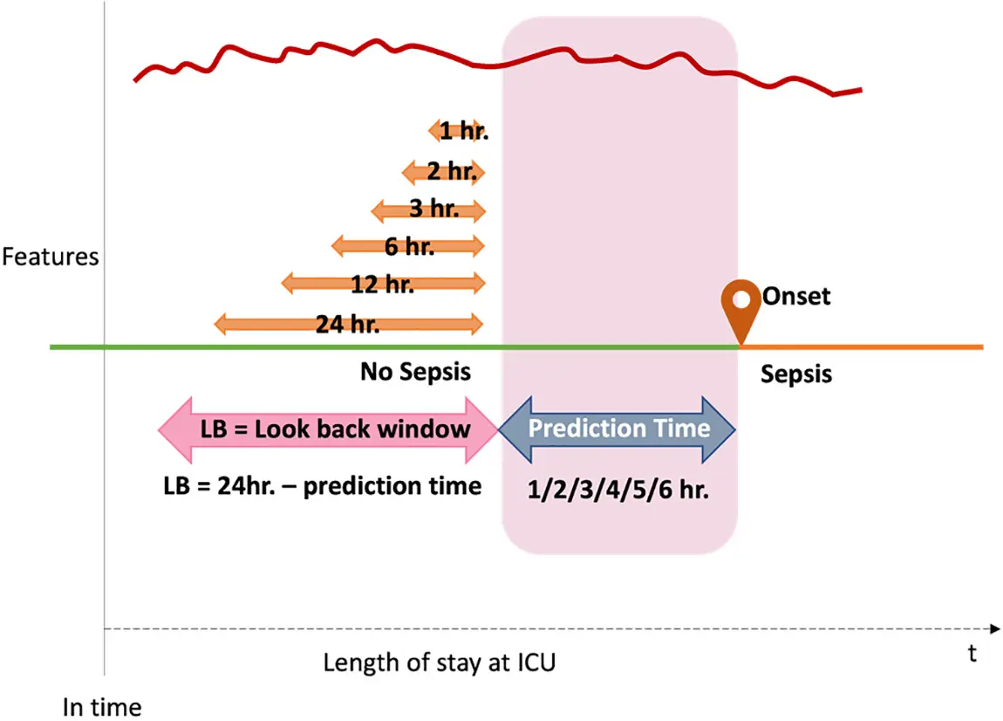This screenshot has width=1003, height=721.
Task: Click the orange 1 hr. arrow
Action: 458,132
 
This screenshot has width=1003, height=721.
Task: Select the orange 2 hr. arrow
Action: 442,172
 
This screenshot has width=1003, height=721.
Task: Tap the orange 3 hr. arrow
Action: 427,210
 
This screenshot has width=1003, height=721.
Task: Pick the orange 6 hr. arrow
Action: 408,247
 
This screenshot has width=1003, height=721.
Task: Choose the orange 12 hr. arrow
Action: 382,284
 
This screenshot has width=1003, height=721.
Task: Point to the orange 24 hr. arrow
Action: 348,325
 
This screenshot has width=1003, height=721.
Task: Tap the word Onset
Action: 795,297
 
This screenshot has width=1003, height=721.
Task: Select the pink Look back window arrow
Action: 328,429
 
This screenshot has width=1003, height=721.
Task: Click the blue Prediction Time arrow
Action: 618,429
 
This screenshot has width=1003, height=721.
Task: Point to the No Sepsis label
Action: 415,373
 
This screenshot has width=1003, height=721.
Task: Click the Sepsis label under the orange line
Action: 795,374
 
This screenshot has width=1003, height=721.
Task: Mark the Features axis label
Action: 51,257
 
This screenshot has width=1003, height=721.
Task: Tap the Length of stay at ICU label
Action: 439,663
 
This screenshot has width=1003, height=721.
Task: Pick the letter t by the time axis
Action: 972,654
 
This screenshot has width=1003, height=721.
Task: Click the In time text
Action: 101,705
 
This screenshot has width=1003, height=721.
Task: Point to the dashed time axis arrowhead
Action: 994,628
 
